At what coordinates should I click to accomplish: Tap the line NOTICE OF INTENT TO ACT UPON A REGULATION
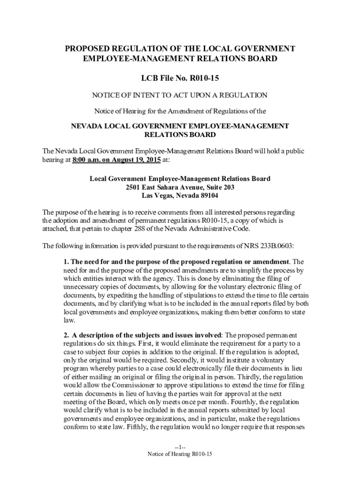[x=180, y=95]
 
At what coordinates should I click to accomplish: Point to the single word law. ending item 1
[x=69, y=321]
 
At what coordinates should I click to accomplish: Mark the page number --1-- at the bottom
[x=180, y=447]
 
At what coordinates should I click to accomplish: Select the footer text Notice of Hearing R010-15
[x=180, y=454]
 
